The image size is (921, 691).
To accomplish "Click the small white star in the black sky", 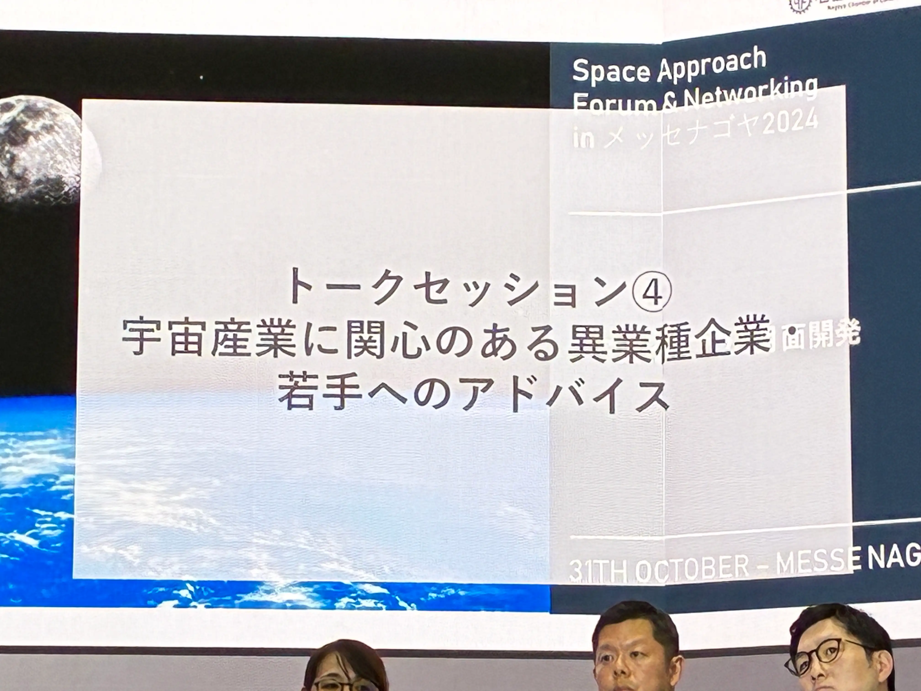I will coord(201,77).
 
